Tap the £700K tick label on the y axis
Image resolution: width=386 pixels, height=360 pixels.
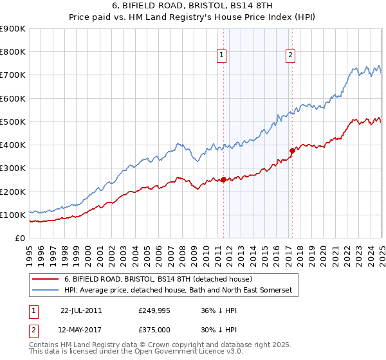(x=13, y=75)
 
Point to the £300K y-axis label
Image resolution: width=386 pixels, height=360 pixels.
(x=13, y=168)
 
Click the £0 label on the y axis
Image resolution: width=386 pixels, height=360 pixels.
(x=20, y=239)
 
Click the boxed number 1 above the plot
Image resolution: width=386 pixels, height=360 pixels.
(x=221, y=56)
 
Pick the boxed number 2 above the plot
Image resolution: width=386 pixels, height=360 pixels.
(x=290, y=56)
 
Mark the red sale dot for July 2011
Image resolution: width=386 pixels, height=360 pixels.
(x=223, y=180)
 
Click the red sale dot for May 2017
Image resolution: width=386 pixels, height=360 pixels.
(x=291, y=151)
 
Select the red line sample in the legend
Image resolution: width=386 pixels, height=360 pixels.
(x=46, y=279)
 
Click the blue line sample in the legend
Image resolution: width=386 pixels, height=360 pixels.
(x=46, y=291)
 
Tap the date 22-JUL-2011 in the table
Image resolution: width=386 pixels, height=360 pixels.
(x=80, y=310)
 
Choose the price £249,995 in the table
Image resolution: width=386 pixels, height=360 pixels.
(x=153, y=310)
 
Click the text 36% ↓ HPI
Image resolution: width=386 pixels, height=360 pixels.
(x=211, y=310)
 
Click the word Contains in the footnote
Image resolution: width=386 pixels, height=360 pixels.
(x=45, y=346)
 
